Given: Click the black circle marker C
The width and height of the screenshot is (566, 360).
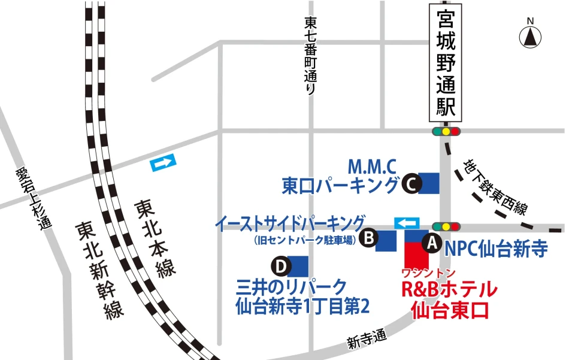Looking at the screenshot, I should click(410, 184).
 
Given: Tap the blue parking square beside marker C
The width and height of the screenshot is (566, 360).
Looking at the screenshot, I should click(428, 183).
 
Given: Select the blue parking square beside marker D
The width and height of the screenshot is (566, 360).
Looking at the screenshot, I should click(298, 266).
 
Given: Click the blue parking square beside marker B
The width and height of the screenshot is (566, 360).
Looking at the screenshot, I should click(386, 241).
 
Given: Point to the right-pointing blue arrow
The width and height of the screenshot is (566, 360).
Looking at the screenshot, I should click(164, 162).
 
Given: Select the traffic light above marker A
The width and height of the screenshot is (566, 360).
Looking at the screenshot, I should click(446, 226).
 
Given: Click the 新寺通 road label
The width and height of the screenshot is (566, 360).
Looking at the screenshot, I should click(367, 340).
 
